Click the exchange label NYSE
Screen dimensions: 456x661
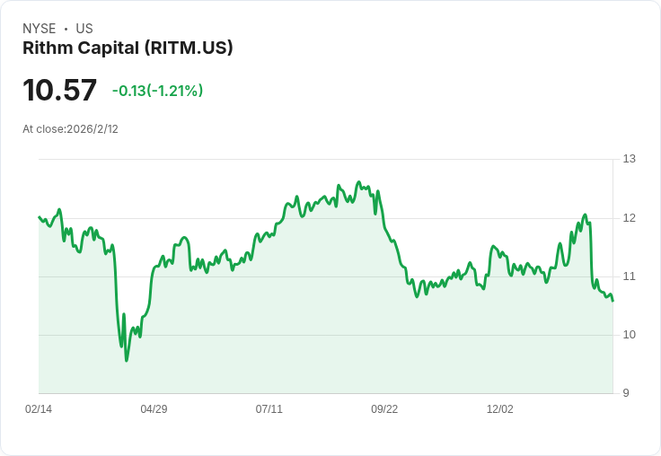tap(40, 29)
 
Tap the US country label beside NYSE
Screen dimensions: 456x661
tap(84, 29)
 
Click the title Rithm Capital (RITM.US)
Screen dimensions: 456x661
tap(128, 48)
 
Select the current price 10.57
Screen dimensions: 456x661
tap(59, 90)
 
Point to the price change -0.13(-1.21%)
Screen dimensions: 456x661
tap(157, 91)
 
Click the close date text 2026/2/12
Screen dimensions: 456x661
tap(93, 128)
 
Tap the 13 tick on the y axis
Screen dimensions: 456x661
tap(630, 159)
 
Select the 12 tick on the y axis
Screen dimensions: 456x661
tap(630, 218)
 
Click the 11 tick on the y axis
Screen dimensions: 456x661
tap(630, 276)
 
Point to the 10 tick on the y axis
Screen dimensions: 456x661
tap(630, 335)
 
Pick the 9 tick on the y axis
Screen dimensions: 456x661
tap(627, 393)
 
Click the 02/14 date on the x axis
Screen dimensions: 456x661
tap(39, 408)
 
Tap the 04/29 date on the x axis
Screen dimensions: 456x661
tap(154, 408)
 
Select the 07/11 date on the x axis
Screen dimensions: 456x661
tap(269, 408)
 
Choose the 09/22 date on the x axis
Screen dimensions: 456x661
tap(384, 408)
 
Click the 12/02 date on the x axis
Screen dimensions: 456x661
tap(500, 408)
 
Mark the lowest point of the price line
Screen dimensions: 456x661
tap(127, 360)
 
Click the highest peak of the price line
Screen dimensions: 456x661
tap(358, 182)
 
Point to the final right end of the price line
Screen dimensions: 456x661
tap(613, 301)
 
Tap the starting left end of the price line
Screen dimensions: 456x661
tap(39, 216)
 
